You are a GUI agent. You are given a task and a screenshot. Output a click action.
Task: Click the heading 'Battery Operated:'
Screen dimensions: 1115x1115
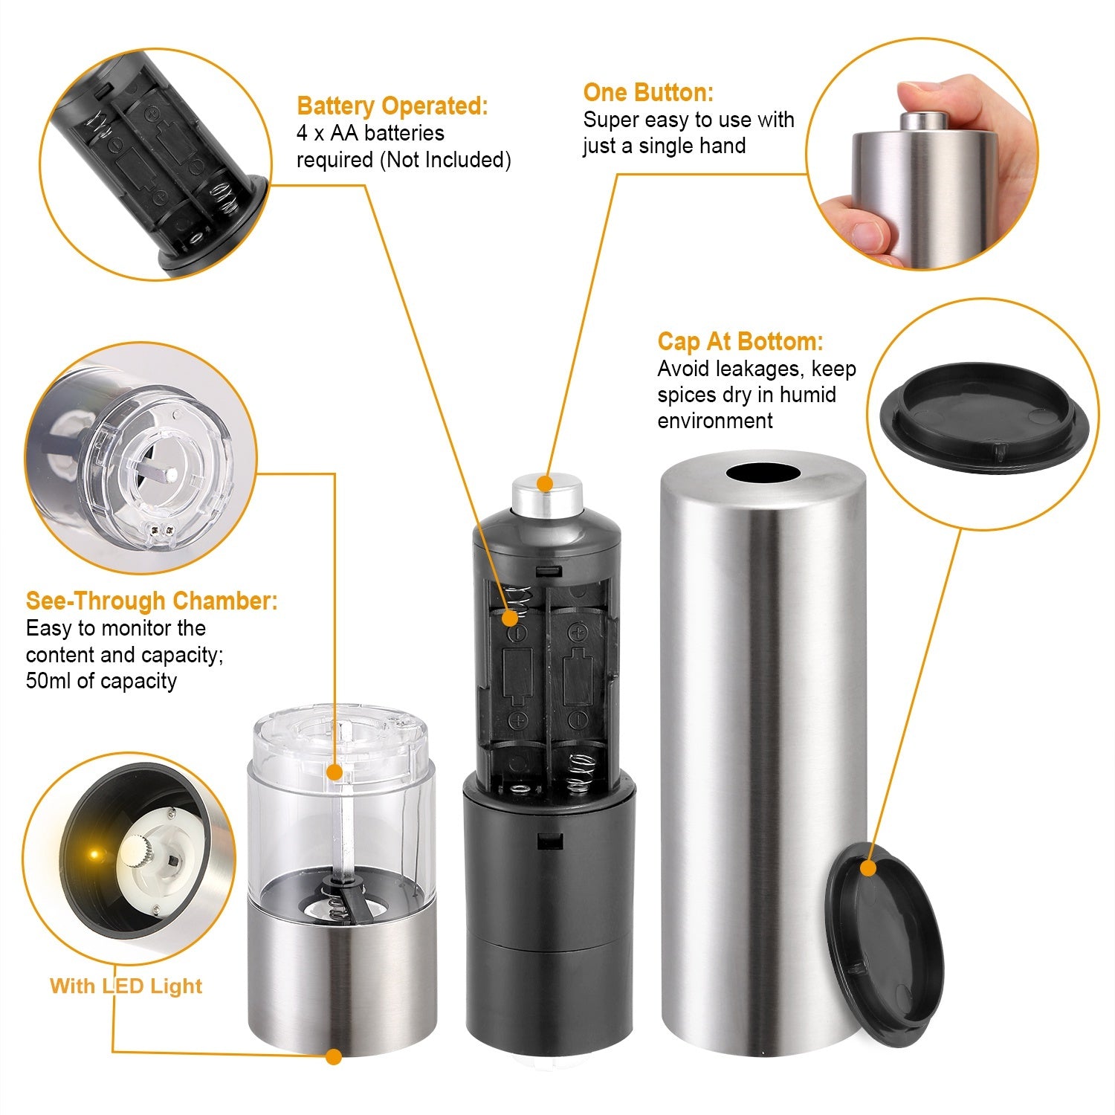pyautogui.click(x=392, y=106)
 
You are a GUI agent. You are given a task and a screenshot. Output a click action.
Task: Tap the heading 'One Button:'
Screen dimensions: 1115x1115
pyautogui.click(x=647, y=93)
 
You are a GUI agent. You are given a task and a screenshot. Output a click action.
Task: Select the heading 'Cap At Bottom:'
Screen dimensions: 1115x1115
pyautogui.click(x=740, y=342)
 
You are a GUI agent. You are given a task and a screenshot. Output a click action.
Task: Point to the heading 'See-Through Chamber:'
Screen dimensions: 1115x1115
pyautogui.click(x=152, y=601)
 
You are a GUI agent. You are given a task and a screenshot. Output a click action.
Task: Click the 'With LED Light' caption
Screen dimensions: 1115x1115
pyautogui.click(x=126, y=986)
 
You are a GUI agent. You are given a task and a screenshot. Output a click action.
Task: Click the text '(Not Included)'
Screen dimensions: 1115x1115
pyautogui.click(x=445, y=160)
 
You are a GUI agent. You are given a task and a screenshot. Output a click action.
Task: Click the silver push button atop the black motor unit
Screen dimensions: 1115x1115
pyautogui.click(x=546, y=494)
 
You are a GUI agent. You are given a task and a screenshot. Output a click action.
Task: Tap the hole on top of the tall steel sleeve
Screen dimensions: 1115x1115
pyautogui.click(x=763, y=473)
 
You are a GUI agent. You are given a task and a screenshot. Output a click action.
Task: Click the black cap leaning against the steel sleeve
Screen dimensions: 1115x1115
pyautogui.click(x=885, y=944)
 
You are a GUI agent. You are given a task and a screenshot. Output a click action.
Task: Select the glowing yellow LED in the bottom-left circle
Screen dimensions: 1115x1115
pyautogui.click(x=94, y=854)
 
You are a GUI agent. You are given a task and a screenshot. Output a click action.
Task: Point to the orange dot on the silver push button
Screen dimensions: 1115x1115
pyautogui.click(x=545, y=484)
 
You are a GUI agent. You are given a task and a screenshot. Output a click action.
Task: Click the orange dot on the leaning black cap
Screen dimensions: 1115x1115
pyautogui.click(x=867, y=868)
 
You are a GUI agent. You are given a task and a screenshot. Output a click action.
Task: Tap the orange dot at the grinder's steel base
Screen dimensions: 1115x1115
pyautogui.click(x=334, y=1056)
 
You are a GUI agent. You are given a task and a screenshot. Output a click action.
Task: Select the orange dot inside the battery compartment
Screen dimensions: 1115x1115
pyautogui.click(x=510, y=618)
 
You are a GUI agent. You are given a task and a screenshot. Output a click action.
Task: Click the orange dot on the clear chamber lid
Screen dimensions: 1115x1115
pyautogui.click(x=334, y=773)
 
